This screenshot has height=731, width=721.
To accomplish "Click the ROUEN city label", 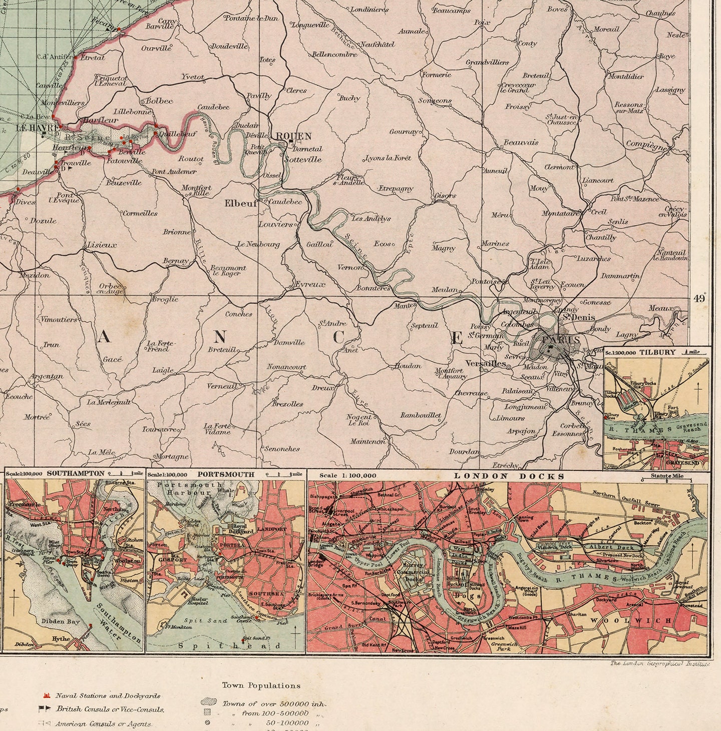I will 294,136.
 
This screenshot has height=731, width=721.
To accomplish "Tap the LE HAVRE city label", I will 32,128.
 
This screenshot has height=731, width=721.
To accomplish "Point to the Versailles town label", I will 485,363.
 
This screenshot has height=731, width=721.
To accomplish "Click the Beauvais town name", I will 521,143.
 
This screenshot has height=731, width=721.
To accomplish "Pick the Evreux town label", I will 309,284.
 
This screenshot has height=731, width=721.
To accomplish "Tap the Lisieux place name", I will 102,245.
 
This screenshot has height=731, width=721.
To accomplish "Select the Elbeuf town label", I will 240,203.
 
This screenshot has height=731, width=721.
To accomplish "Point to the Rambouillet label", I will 421,415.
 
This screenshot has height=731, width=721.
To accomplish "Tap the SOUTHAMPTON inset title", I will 76,473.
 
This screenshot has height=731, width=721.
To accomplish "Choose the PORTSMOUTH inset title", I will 226,474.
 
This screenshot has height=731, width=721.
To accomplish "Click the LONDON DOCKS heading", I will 509,476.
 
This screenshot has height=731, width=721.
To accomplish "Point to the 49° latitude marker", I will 699,299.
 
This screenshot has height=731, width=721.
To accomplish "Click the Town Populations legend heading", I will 261,685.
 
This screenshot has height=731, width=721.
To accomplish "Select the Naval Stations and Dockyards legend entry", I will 108,695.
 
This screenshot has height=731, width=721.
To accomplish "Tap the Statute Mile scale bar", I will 667,478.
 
